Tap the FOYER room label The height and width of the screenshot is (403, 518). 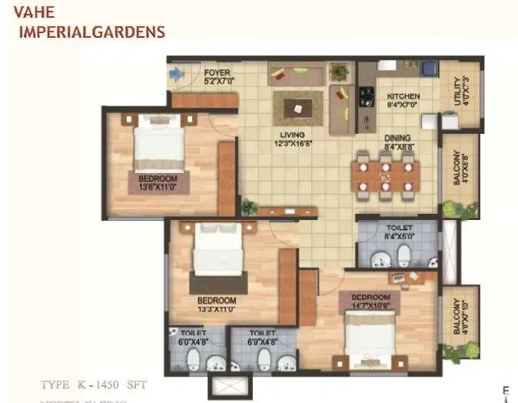(217, 75)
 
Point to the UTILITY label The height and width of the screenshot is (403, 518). (459, 92)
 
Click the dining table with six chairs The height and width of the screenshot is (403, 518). (386, 175)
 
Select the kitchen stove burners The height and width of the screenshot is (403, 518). (366, 96)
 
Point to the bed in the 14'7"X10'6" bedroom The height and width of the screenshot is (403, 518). (370, 335)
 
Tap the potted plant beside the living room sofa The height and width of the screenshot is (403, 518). (338, 73)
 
